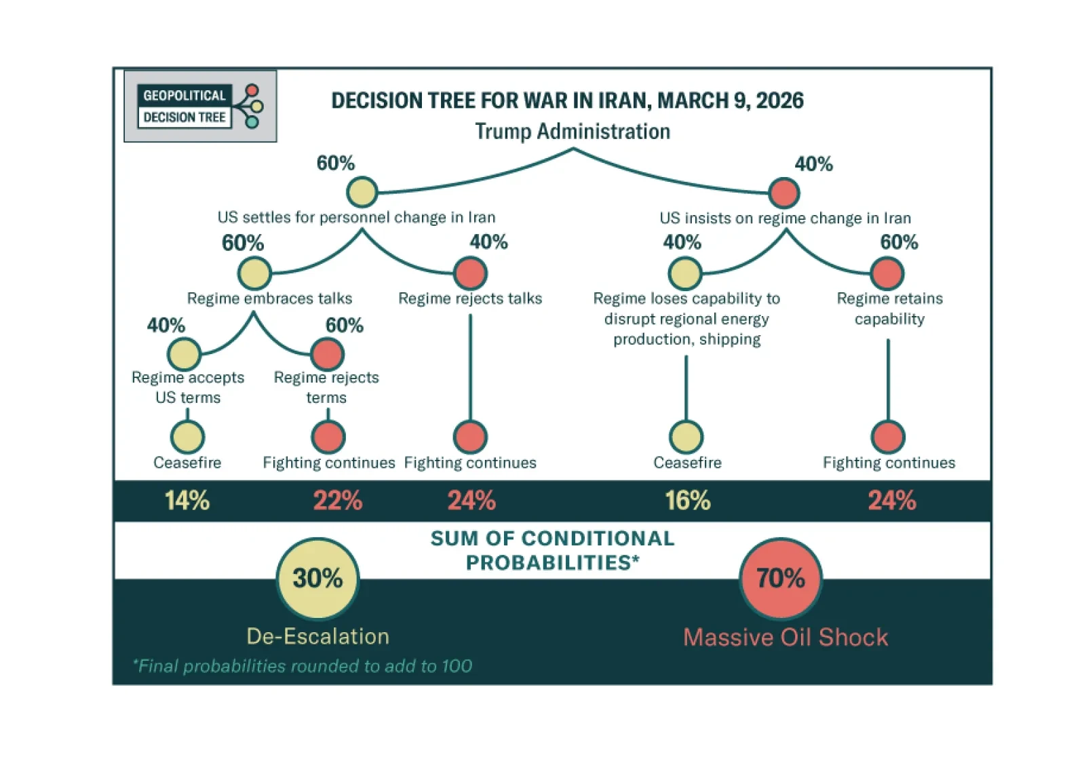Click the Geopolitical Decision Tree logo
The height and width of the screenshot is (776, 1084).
[x=200, y=106]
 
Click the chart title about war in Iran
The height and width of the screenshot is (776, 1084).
[x=567, y=100]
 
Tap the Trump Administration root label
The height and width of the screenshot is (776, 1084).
[x=573, y=131]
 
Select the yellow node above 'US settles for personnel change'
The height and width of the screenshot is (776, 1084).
[x=362, y=192]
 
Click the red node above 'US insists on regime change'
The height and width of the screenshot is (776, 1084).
[x=784, y=193]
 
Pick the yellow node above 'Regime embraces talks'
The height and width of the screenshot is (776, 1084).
[x=254, y=273]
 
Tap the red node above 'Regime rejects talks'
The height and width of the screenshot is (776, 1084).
[x=470, y=273]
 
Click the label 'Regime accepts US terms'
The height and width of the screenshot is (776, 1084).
[x=188, y=387]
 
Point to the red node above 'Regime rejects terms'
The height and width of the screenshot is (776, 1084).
[x=327, y=353]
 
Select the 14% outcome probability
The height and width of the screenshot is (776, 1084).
[x=187, y=501]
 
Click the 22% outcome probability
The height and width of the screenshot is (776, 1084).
[x=338, y=501]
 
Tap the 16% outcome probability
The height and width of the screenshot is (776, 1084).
[x=687, y=501]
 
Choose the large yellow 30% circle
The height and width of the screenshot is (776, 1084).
[x=317, y=579]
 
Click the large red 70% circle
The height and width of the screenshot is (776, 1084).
[x=780, y=579]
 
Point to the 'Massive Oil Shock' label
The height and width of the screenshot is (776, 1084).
[x=786, y=637]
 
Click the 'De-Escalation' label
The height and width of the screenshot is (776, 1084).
[x=317, y=636]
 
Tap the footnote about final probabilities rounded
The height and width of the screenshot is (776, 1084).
[x=303, y=666]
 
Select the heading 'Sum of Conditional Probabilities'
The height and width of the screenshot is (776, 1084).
[x=552, y=550]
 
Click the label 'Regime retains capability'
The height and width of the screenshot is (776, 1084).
[x=889, y=309]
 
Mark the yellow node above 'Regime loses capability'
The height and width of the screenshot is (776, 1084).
[x=685, y=273]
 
